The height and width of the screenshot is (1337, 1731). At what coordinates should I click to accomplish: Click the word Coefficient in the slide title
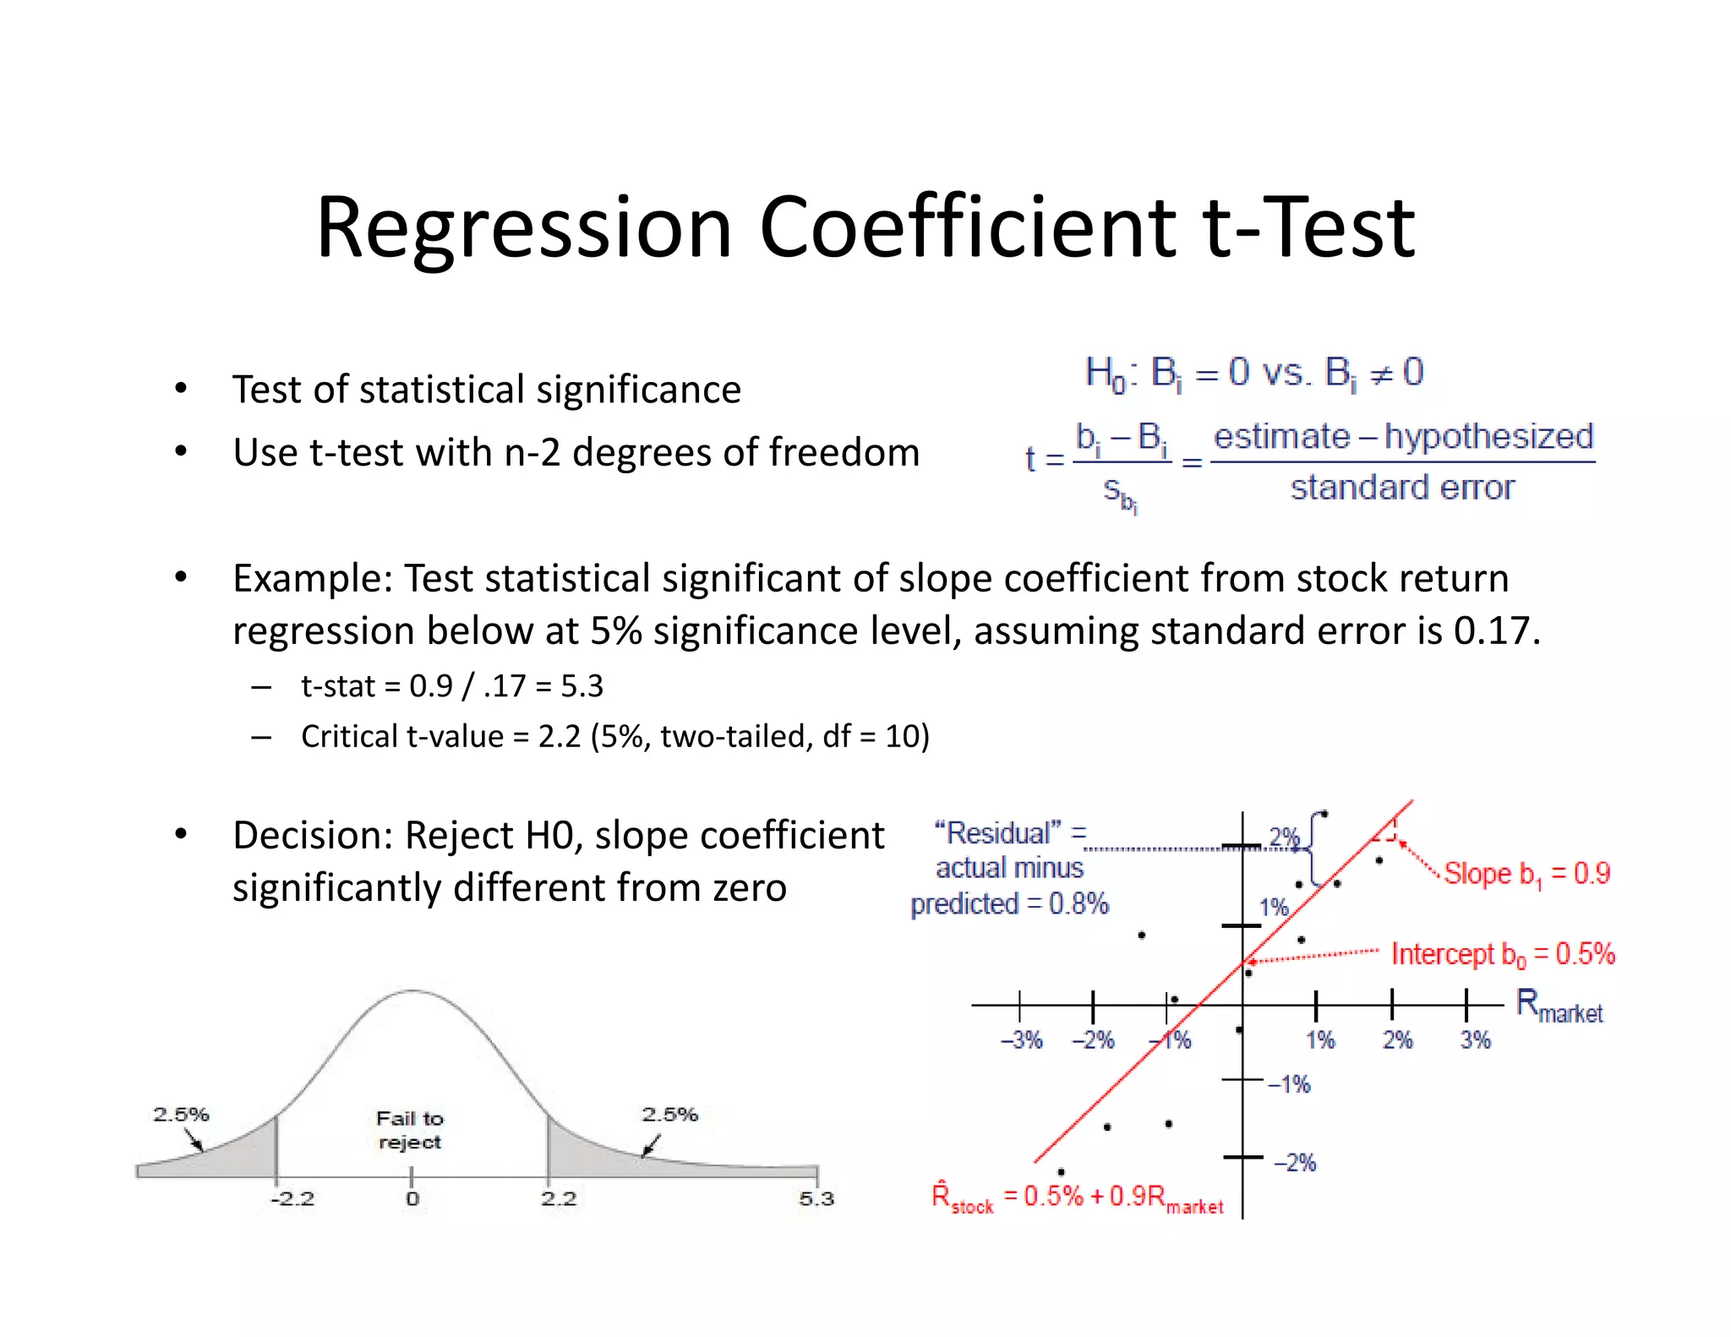click(967, 227)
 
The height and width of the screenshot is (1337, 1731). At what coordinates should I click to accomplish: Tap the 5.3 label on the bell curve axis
click(816, 1198)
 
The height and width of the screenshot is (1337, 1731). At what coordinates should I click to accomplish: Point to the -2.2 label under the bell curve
click(292, 1198)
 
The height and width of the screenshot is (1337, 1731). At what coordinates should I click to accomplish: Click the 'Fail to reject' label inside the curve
click(409, 1130)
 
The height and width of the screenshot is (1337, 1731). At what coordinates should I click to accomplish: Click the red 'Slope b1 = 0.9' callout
click(1526, 874)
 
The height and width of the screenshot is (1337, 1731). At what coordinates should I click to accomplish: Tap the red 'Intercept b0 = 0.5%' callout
click(1503, 954)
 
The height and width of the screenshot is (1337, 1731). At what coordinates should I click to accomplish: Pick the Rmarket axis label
click(1559, 1006)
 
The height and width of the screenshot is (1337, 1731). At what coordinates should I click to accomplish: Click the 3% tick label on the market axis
click(1475, 1040)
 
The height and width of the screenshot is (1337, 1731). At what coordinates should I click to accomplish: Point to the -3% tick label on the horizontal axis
click(1021, 1040)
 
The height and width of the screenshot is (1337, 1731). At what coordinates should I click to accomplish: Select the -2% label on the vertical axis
click(1295, 1163)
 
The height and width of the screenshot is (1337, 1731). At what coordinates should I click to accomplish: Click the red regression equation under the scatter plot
click(1078, 1197)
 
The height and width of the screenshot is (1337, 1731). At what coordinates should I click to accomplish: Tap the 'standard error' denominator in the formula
click(1402, 488)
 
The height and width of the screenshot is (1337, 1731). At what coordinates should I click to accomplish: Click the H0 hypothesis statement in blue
click(1254, 373)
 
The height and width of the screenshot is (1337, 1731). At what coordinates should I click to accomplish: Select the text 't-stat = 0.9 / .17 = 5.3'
click(452, 685)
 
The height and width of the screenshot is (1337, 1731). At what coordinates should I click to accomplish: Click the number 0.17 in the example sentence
click(1492, 630)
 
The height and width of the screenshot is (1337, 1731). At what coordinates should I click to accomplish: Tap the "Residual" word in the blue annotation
click(997, 833)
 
